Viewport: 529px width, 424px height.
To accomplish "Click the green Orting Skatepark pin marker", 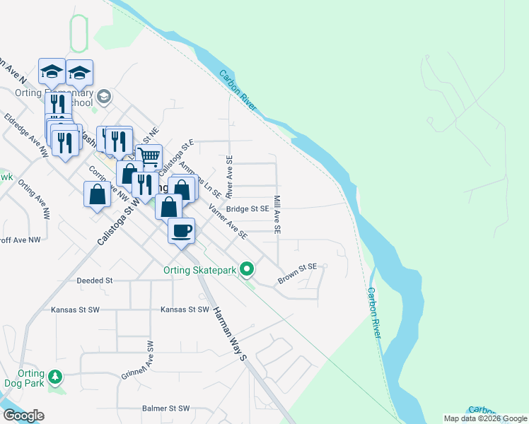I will (247, 269).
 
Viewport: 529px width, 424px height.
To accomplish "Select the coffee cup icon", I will (182, 230).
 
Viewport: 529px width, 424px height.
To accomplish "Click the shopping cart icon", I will (149, 156).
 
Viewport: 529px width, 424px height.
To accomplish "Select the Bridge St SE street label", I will (248, 208).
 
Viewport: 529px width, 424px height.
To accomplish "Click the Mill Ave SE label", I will (278, 215).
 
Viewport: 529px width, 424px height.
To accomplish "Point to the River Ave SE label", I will (229, 177).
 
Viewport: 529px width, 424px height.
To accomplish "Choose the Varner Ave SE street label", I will (227, 220).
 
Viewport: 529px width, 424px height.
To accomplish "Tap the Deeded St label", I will (94, 281).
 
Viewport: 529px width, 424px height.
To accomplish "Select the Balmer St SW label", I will (165, 408).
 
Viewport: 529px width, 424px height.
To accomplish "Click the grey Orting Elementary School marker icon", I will (104, 95).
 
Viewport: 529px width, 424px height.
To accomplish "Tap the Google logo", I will (23, 416).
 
